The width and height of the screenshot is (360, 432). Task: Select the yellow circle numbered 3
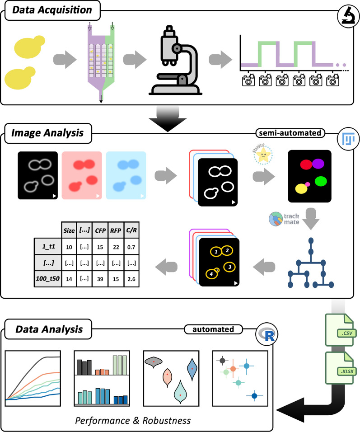[229, 267]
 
